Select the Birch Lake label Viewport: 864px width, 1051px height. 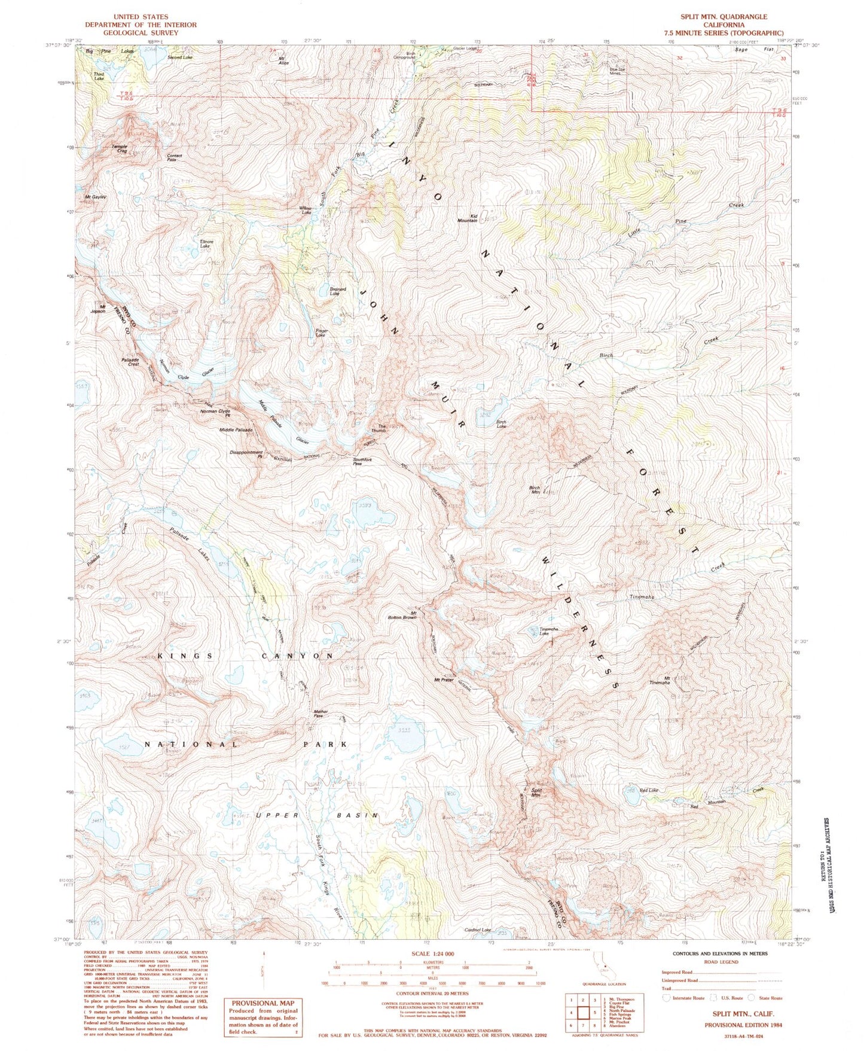point(501,424)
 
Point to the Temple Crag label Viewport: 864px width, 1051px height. point(119,149)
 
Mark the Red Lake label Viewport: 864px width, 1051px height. point(649,790)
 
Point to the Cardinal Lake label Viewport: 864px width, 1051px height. point(478,930)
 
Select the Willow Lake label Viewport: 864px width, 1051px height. point(306,210)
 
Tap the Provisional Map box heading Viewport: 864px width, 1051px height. point(263,1003)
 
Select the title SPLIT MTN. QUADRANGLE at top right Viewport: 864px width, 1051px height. point(723,17)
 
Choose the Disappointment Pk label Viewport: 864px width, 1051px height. point(246,454)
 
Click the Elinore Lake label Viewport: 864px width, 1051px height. point(205,244)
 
